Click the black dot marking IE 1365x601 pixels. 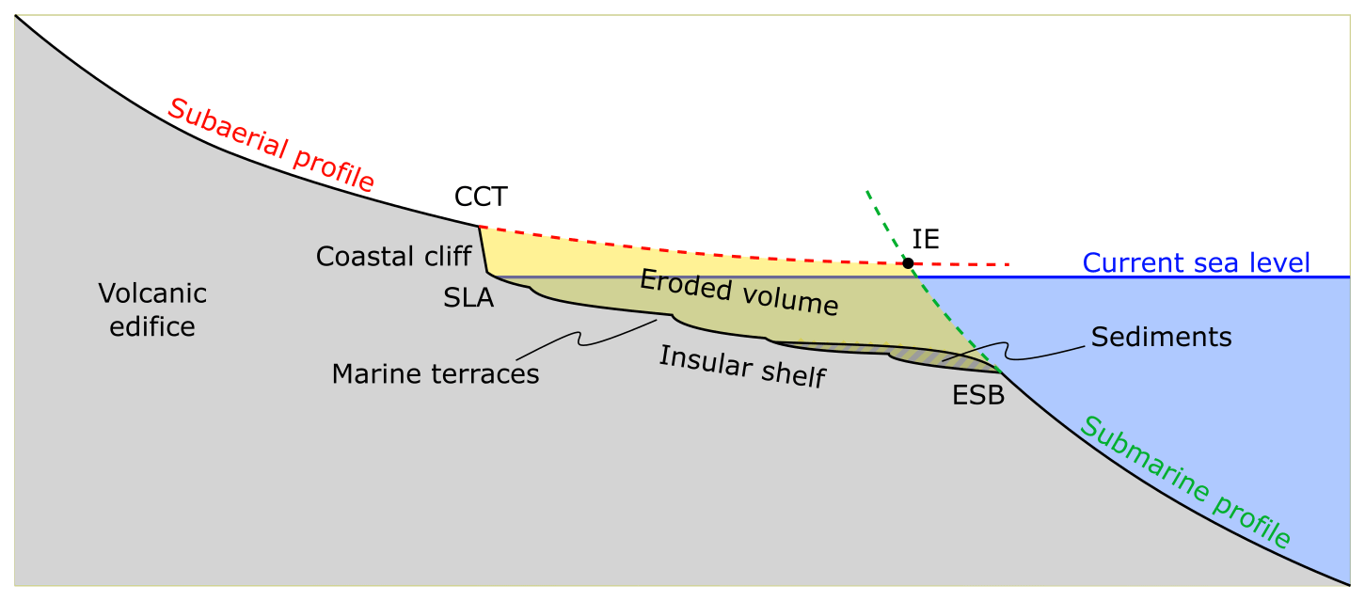908,262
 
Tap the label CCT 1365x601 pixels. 481,197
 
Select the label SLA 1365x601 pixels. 468,298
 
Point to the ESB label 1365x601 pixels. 978,396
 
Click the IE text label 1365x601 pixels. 926,238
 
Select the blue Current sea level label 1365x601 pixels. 1196,262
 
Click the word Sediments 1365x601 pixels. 1161,337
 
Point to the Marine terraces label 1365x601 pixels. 436,374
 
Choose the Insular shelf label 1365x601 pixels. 741,367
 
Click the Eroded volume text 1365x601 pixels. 738,292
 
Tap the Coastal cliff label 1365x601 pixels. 393,256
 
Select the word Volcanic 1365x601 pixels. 152,294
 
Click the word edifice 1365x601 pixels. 152,326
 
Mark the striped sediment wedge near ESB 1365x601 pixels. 931,356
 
